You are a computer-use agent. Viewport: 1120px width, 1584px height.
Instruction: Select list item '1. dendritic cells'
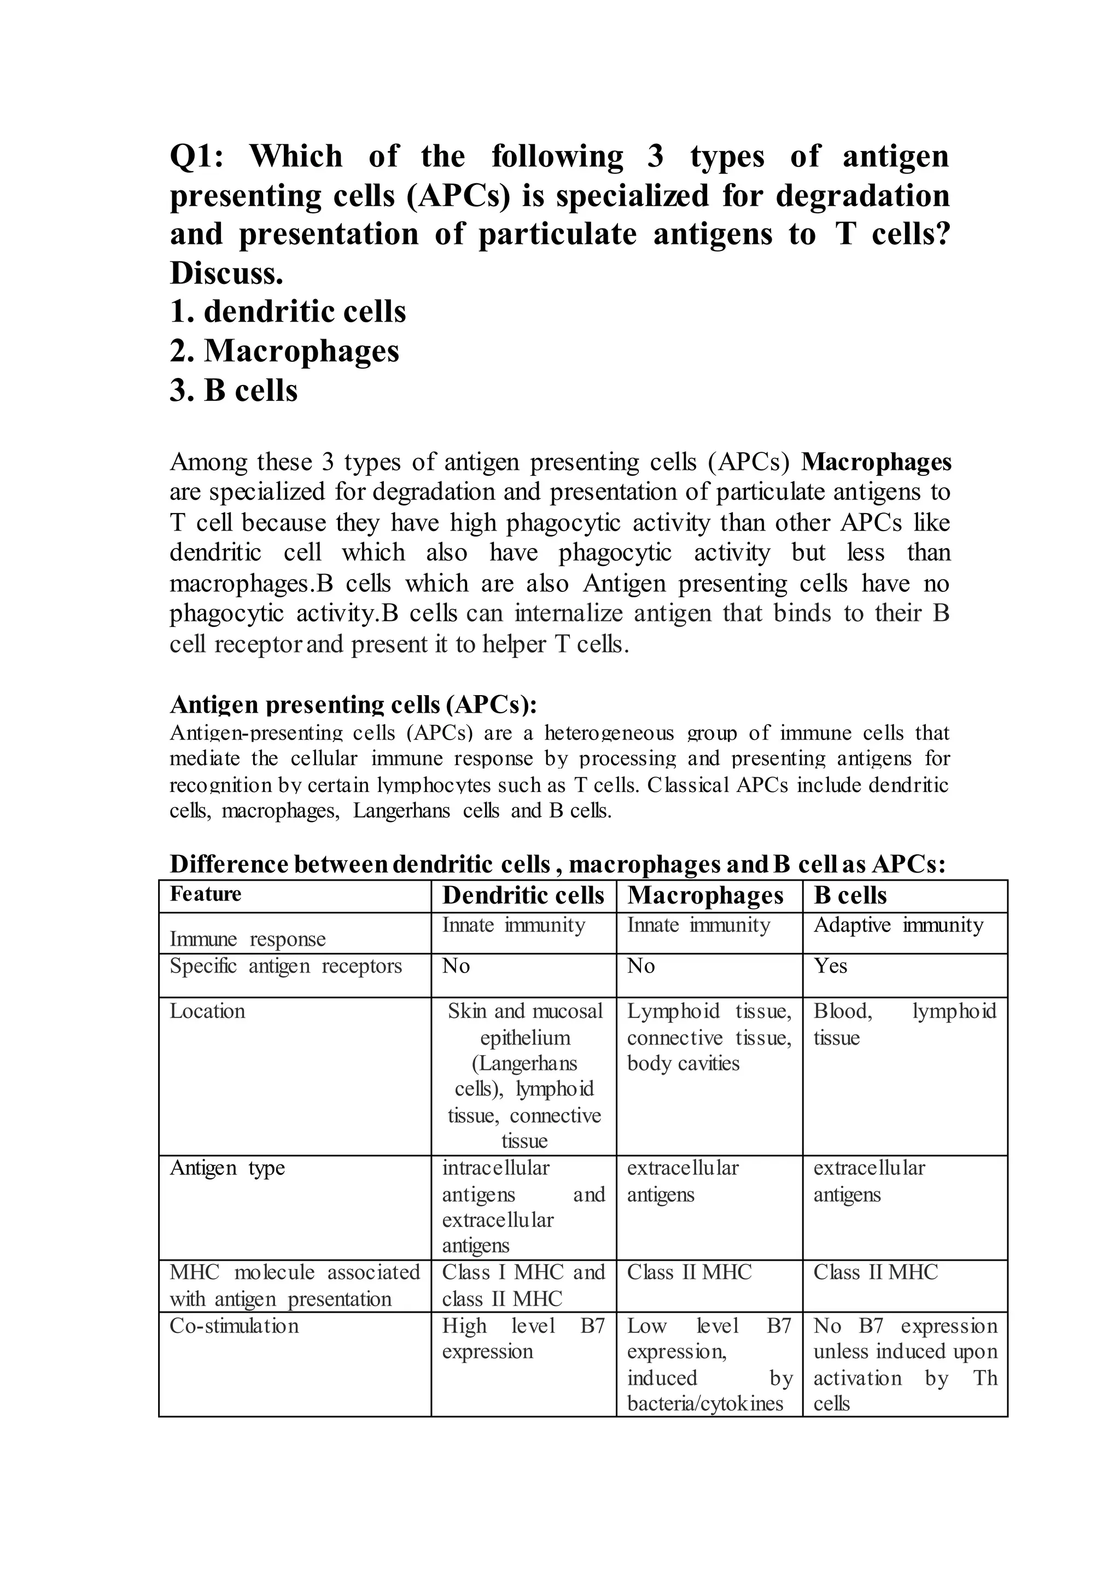coord(288,312)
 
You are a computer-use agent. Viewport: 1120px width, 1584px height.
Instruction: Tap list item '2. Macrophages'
coord(284,351)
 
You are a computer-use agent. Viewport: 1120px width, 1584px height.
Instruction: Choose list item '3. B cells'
coord(234,391)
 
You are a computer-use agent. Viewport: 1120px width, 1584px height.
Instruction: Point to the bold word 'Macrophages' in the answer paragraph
coord(876,462)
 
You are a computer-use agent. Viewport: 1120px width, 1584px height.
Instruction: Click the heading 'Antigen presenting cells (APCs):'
coord(353,705)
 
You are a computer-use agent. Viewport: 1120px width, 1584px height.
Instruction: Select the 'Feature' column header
coord(206,894)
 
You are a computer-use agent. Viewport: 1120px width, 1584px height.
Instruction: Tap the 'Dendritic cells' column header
coord(523,895)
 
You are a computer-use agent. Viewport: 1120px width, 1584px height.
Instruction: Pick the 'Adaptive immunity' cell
coord(898,925)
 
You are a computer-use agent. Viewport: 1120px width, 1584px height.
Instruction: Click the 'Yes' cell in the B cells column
coord(830,966)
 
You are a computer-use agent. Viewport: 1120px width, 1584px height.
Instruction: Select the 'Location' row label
coord(208,1011)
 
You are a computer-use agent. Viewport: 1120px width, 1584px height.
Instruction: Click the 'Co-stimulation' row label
coord(234,1326)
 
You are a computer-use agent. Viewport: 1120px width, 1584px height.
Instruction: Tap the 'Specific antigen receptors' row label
coord(285,966)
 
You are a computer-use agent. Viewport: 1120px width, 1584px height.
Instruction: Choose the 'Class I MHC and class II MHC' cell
coord(523,1285)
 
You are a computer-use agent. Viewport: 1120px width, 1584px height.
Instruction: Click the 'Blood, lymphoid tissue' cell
coord(904,1024)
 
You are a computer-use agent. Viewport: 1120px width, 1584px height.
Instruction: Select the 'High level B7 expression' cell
coord(523,1338)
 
